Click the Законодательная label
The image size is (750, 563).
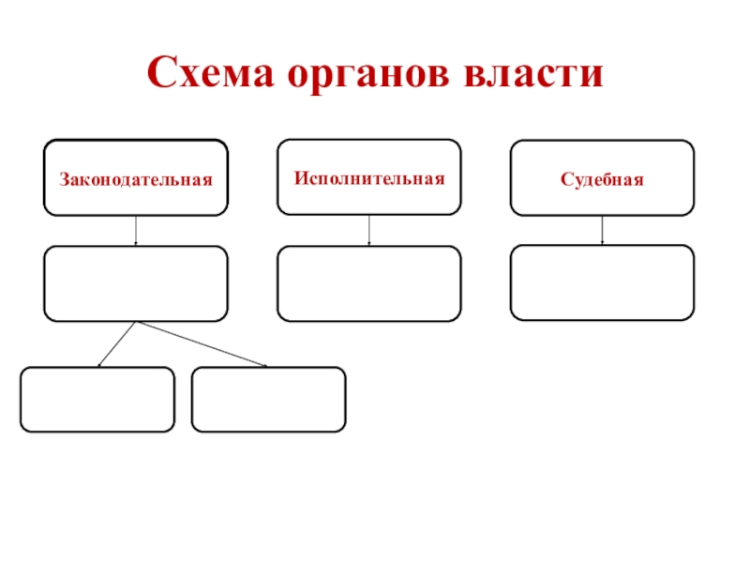pos(136,177)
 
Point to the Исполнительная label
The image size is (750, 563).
pos(368,176)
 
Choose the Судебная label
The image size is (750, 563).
pos(602,178)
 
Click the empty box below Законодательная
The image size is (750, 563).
pos(135,283)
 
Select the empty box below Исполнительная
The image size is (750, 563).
pos(368,283)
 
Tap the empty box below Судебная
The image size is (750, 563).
pos(602,282)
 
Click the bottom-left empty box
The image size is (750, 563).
pos(97,399)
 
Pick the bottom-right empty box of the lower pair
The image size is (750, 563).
pos(268,399)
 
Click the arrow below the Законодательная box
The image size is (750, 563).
pos(136,231)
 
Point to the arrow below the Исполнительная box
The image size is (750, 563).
pos(368,230)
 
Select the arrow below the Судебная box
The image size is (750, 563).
pos(602,230)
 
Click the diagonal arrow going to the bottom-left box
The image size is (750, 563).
pos(117,343)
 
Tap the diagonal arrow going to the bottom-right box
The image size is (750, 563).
pos(202,343)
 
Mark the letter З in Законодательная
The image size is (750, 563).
pos(64,177)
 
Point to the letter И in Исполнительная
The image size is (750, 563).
pos(298,176)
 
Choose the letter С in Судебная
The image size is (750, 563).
pos(565,178)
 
